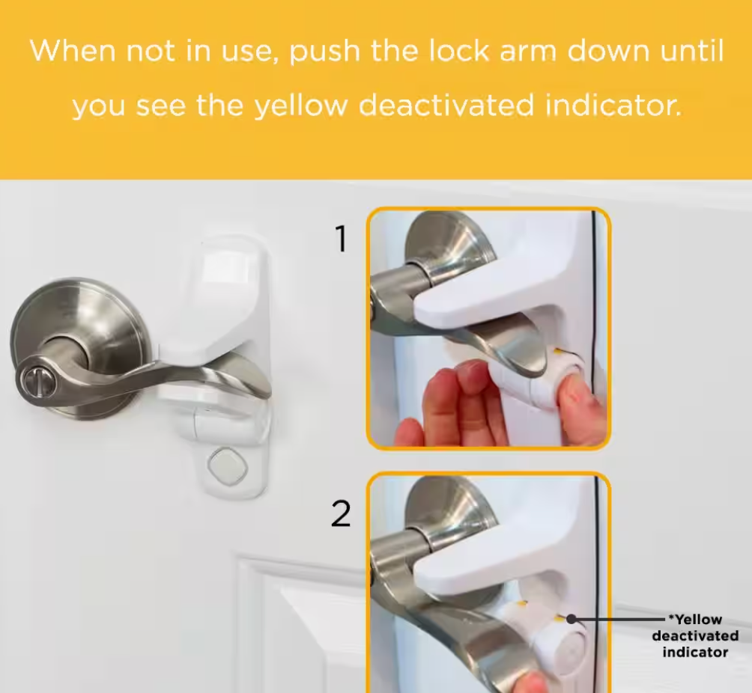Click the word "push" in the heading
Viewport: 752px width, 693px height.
(x=324, y=51)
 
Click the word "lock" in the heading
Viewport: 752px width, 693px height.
(x=458, y=50)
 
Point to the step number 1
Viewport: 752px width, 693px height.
(x=341, y=239)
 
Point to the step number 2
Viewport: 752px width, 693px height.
(x=341, y=514)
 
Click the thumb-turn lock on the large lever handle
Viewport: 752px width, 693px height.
(x=34, y=380)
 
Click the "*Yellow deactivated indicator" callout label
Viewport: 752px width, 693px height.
(x=695, y=636)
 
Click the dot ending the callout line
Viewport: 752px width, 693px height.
(x=571, y=619)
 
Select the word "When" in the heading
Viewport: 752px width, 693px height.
(x=73, y=50)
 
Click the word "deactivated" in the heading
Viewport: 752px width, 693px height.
(x=446, y=105)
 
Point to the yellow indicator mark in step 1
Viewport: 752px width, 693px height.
(x=558, y=352)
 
